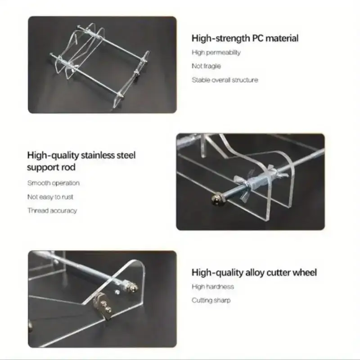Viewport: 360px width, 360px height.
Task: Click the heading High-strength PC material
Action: point(245,38)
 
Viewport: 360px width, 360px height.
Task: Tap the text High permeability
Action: point(216,53)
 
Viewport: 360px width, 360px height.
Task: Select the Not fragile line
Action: point(206,66)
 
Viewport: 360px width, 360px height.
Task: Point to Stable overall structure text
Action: point(225,80)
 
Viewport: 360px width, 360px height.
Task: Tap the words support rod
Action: point(51,167)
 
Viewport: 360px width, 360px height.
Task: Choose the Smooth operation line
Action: point(54,183)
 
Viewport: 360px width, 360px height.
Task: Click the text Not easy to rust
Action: point(50,197)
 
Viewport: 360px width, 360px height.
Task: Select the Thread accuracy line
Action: point(52,211)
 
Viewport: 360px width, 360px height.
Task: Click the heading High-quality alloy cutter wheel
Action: point(254,273)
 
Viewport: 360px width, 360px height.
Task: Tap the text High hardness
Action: point(213,287)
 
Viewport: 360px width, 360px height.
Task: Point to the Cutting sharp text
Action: point(211,300)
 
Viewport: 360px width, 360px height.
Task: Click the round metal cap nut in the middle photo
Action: point(216,199)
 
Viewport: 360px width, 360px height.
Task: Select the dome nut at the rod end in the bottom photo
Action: point(133,287)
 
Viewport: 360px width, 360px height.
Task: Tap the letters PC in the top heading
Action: point(257,38)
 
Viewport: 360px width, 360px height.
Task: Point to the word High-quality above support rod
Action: point(53,156)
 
